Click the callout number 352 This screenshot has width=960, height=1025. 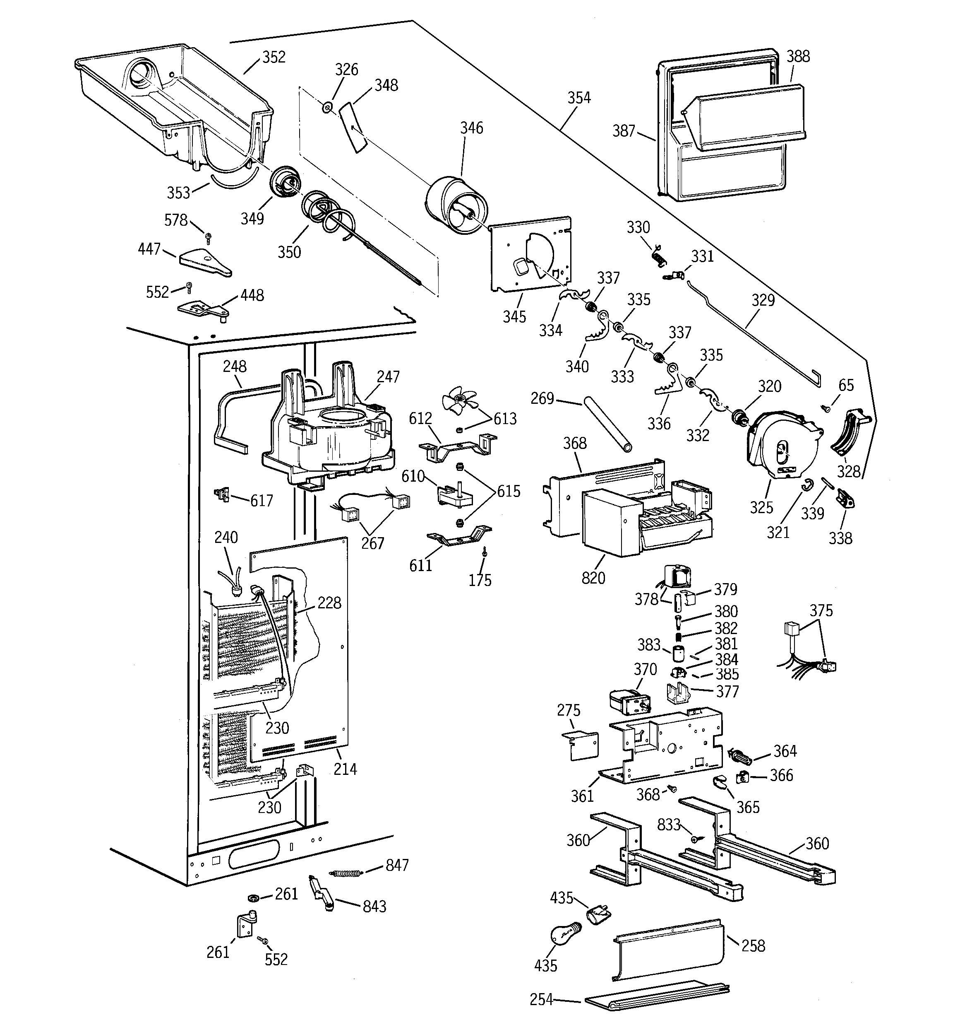coord(274,57)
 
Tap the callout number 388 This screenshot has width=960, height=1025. coord(798,56)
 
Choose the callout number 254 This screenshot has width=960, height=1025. coord(541,999)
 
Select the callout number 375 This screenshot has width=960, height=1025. coord(821,610)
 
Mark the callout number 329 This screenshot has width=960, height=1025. coord(763,300)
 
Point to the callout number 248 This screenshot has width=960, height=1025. coord(235,367)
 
